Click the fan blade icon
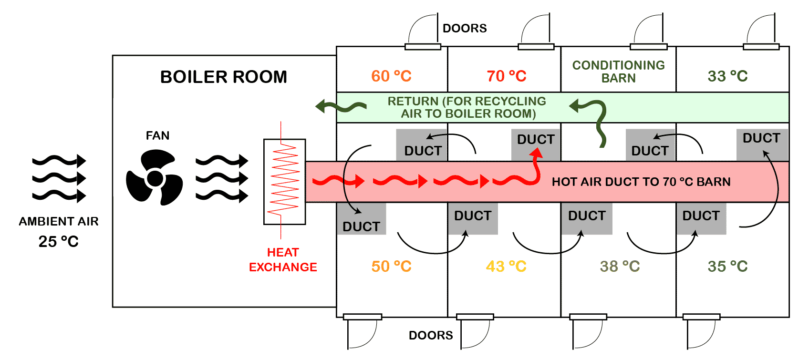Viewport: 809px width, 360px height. coord(155,178)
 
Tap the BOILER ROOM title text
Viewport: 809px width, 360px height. coord(224,77)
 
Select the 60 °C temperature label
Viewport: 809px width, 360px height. coord(391,76)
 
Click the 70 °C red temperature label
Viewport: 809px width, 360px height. coord(507,76)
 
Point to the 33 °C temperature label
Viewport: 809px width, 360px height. coord(727,76)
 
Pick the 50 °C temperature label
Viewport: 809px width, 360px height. coord(391,267)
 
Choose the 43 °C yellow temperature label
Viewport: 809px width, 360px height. coord(506,267)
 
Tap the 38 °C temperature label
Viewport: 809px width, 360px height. coord(620,267)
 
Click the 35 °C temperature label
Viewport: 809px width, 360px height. coord(727,267)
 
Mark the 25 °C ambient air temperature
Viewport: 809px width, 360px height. coord(59,242)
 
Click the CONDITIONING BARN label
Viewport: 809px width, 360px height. coord(618,72)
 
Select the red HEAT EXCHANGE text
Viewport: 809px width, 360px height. coord(283,259)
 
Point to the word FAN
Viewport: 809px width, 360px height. coord(157,135)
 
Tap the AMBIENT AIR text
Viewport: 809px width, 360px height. coord(59,221)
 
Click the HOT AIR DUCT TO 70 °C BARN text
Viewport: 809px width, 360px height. coord(641,182)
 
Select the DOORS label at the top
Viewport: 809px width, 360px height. coord(465,28)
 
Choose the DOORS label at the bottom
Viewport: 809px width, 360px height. coord(431,336)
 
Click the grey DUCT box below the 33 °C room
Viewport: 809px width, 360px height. coord(762,145)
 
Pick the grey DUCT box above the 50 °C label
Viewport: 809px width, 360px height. coord(362,218)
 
